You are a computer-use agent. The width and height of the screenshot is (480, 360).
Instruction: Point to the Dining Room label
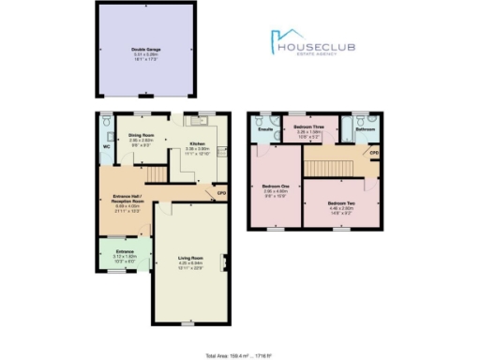(x=142, y=136)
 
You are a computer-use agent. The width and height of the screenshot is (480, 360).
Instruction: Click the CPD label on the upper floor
(x=373, y=151)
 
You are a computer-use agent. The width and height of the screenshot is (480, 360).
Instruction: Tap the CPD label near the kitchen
(x=222, y=193)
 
